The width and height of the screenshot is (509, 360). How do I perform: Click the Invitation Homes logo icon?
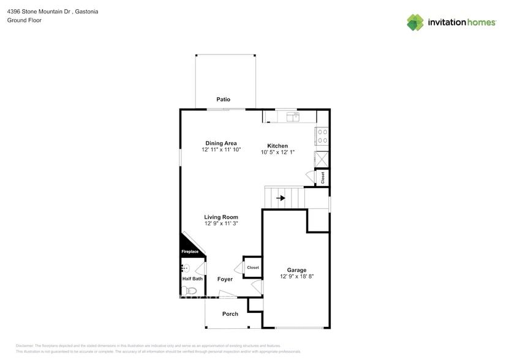(x=415, y=22)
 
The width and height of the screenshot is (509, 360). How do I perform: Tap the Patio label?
(x=223, y=99)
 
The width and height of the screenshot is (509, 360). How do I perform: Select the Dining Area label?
(x=221, y=143)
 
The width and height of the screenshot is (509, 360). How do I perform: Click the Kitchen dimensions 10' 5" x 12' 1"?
(x=277, y=152)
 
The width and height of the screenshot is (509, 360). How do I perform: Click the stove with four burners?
(x=322, y=137)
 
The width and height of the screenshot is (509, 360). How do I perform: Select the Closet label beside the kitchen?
(x=323, y=178)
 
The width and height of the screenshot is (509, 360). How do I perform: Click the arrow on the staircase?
(x=281, y=198)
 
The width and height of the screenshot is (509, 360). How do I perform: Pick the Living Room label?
(x=221, y=217)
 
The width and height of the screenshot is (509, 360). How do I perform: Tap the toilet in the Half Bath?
(x=191, y=291)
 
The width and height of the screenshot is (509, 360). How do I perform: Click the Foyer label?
(x=225, y=279)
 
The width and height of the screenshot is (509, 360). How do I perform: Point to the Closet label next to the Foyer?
(x=253, y=268)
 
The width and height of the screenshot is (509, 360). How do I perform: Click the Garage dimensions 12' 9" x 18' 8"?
(x=297, y=277)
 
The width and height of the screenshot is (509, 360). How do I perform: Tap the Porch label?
(x=230, y=314)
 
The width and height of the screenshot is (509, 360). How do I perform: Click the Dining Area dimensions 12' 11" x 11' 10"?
(x=221, y=150)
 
